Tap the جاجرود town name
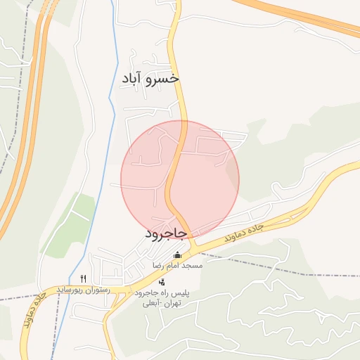(166, 232)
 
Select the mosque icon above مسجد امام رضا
(177, 255)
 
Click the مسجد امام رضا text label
(178, 266)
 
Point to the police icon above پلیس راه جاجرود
(162, 282)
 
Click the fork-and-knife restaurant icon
(84, 278)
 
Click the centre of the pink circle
(180, 179)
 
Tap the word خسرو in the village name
(162, 78)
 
